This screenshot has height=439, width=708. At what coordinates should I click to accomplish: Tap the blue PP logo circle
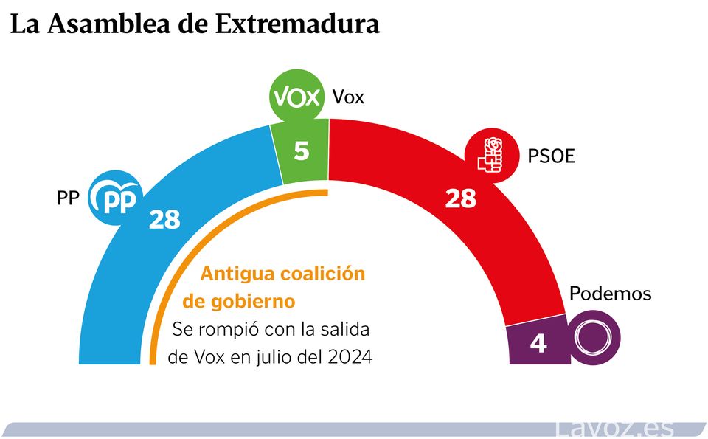click(114, 198)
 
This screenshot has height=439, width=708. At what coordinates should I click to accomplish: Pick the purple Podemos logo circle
click(594, 339)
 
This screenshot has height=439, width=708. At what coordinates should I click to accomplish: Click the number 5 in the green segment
click(302, 151)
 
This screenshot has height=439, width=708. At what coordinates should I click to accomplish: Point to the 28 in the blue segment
click(164, 219)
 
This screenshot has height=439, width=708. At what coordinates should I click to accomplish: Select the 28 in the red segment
click(460, 198)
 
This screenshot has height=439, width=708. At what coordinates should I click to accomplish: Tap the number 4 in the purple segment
click(538, 343)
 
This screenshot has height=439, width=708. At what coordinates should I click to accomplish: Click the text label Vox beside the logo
click(348, 97)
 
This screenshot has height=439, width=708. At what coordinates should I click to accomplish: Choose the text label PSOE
click(551, 156)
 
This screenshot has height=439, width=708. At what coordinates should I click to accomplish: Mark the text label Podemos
click(611, 294)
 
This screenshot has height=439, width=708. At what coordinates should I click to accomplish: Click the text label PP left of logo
click(68, 198)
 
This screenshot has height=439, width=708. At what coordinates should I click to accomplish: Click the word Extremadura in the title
click(297, 24)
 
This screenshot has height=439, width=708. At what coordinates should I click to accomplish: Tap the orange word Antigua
click(237, 274)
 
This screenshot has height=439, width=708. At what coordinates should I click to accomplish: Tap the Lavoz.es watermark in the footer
click(615, 428)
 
